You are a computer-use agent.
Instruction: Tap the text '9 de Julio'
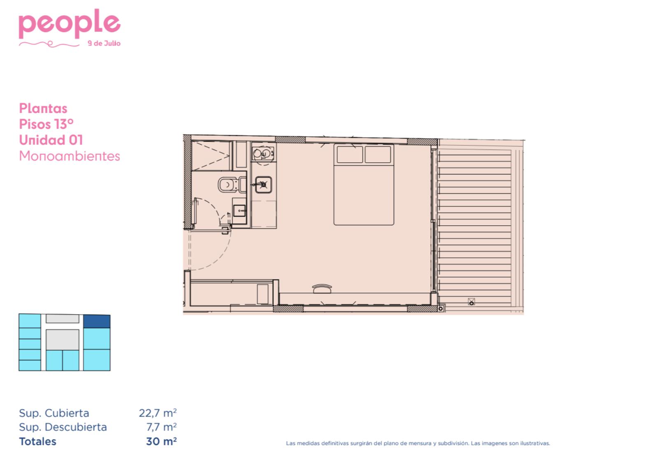(104, 43)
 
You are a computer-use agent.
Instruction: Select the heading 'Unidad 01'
(51, 140)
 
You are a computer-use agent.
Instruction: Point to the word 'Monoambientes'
(70, 156)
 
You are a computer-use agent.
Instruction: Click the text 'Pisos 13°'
(46, 124)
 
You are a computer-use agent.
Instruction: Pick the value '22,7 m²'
(158, 413)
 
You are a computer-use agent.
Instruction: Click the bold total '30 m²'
(161, 441)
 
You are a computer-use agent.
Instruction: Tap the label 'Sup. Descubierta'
(63, 427)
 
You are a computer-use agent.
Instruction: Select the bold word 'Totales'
(37, 441)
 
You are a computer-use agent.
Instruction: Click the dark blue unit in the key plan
(97, 321)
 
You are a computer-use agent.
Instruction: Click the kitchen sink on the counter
(263, 185)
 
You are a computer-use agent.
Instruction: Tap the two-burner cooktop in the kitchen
(263, 153)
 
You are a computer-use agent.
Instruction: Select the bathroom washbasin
(239, 210)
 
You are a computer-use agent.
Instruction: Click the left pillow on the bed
(350, 154)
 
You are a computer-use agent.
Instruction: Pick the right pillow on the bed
(378, 154)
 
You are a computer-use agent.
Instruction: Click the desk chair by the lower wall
(322, 289)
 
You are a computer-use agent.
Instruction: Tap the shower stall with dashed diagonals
(211, 156)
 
